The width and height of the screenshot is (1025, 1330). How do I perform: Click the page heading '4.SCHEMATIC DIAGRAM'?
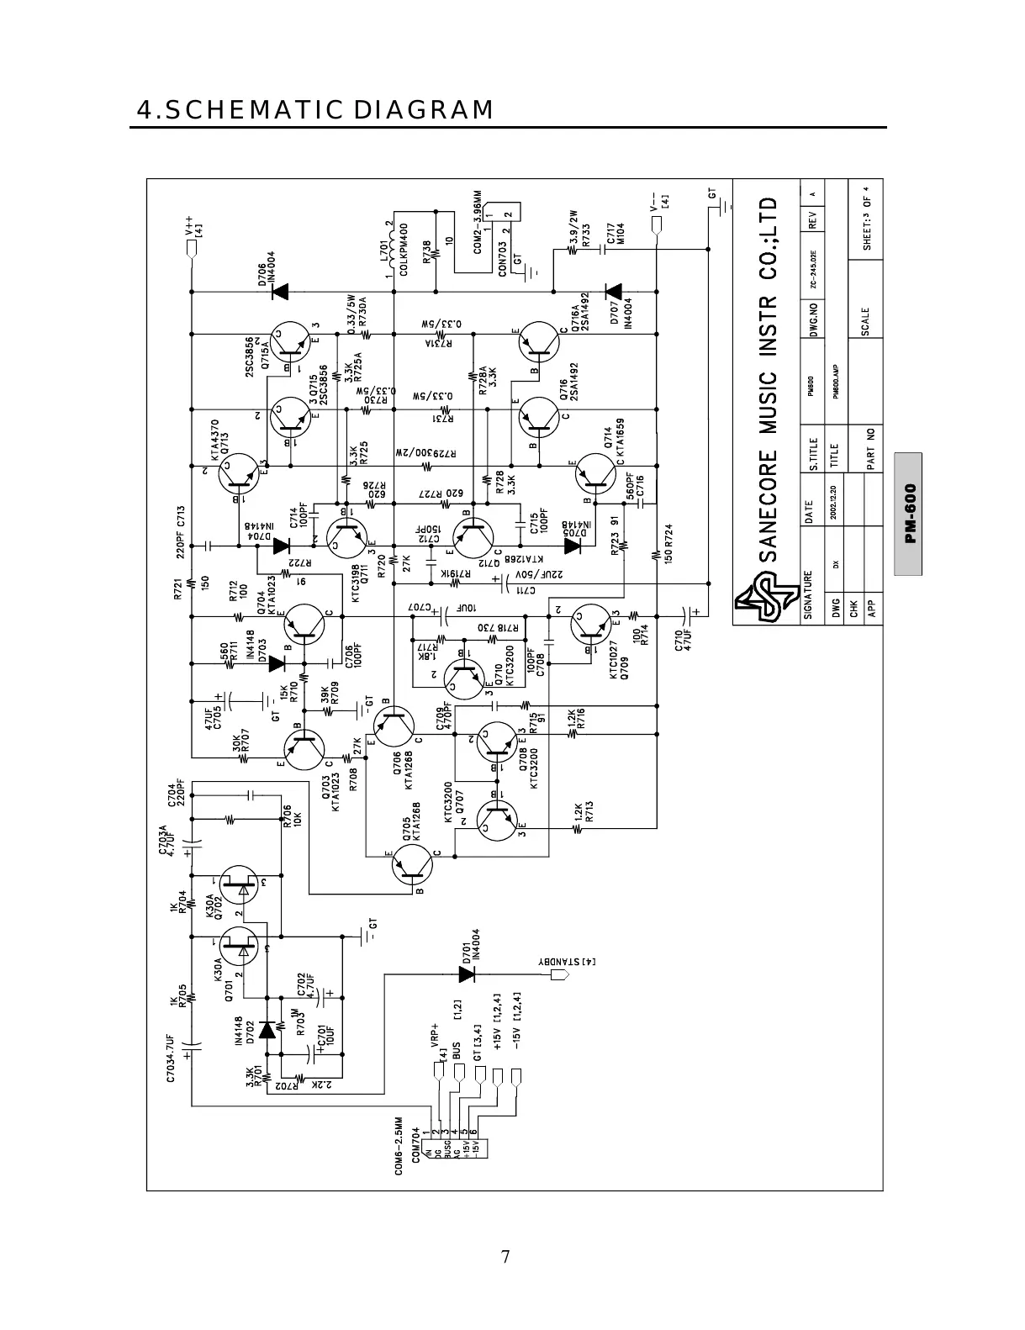pos(315,110)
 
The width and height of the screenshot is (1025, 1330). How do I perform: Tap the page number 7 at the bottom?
pos(505,1257)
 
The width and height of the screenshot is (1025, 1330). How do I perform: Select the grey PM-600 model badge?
pos(908,514)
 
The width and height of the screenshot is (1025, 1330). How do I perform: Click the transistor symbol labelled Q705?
pos(416,863)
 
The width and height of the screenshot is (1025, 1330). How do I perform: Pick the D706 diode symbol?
pos(279,292)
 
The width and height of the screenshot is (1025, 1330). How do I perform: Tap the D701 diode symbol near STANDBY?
pos(468,974)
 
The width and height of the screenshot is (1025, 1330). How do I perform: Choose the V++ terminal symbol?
pos(193,248)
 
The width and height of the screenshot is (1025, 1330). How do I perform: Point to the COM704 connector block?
pos(454,1146)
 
